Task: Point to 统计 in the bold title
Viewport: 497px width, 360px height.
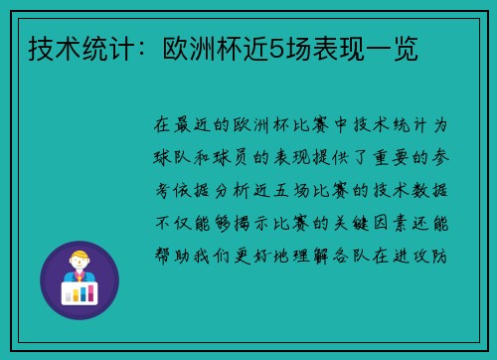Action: tap(96, 48)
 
